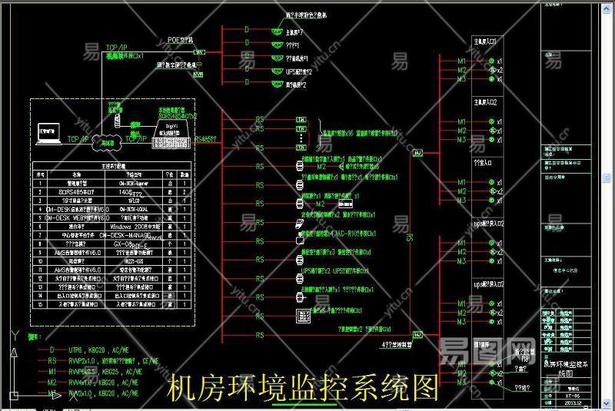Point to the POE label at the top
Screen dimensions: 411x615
point(181,38)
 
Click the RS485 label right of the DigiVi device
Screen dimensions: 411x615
point(206,139)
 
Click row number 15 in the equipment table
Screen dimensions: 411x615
point(41,305)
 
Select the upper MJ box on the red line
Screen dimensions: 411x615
point(417,154)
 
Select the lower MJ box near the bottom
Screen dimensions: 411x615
point(417,335)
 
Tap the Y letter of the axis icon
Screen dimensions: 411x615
point(14,333)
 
